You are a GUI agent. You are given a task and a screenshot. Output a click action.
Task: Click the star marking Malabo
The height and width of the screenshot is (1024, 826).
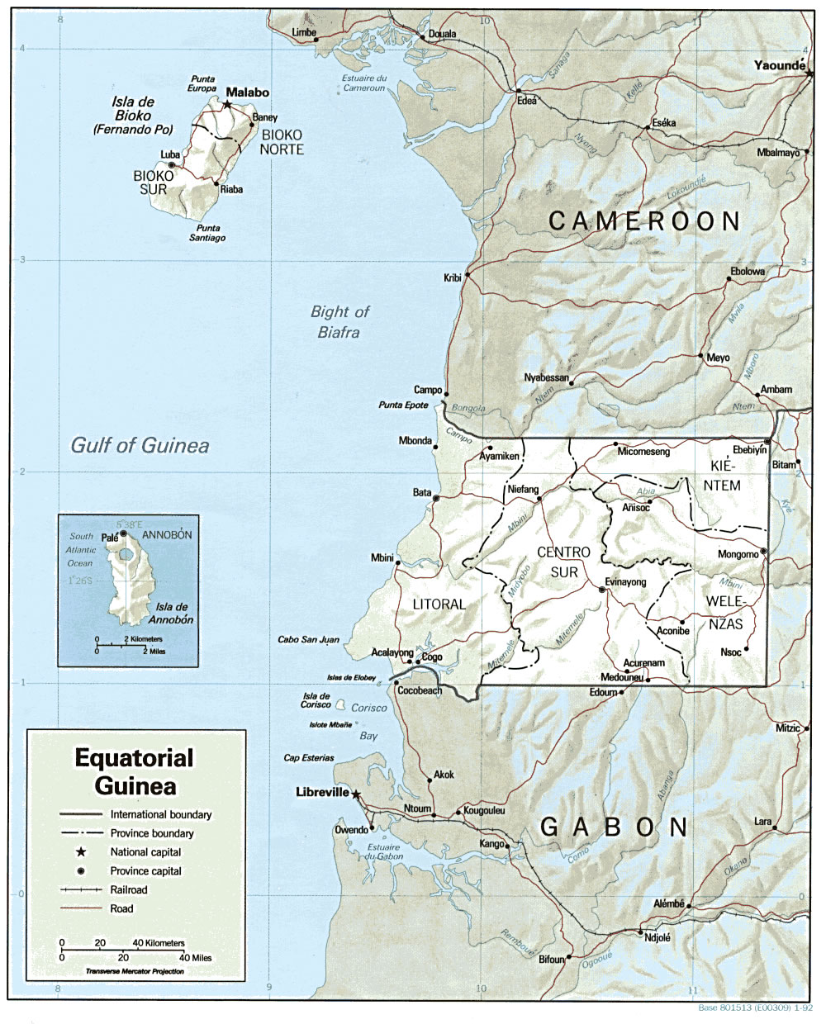click(x=227, y=105)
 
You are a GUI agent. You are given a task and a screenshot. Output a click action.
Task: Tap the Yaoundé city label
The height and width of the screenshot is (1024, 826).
click(x=776, y=65)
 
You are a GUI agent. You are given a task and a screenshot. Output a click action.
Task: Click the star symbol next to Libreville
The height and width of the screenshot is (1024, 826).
click(x=356, y=794)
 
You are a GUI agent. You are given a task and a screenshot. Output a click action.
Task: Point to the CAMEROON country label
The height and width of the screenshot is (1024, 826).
click(x=644, y=220)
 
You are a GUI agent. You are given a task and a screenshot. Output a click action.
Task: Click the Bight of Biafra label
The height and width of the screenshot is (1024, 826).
click(x=339, y=322)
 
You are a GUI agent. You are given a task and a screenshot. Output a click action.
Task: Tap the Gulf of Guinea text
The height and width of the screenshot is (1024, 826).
click(x=140, y=446)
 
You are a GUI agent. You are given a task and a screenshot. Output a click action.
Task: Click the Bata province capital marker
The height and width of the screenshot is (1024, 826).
click(x=435, y=498)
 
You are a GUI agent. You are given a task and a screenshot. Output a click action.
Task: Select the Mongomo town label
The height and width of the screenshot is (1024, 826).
click(x=738, y=554)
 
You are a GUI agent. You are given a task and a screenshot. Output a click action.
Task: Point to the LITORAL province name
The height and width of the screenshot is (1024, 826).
click(x=439, y=604)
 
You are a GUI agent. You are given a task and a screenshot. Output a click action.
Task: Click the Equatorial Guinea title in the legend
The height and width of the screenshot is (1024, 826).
click(x=134, y=770)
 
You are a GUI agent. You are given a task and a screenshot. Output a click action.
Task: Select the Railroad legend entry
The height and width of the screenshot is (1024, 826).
click(x=128, y=890)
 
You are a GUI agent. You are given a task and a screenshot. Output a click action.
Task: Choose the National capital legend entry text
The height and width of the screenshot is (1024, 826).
click(x=145, y=852)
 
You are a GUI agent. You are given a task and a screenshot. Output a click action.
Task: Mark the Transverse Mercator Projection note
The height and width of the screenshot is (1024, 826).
click(x=135, y=972)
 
